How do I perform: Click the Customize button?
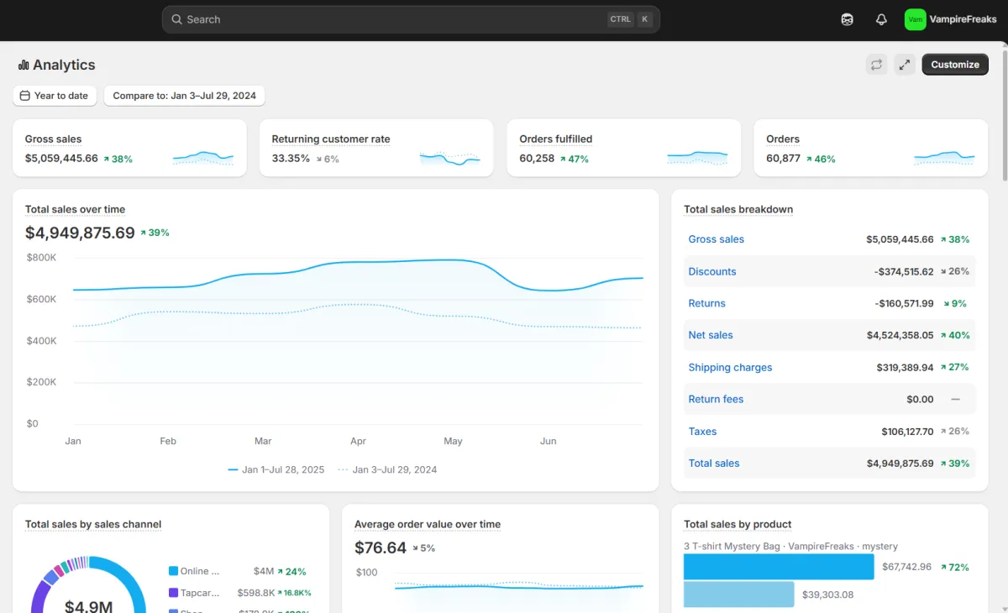pos(955,65)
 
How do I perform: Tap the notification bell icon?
pos(881,19)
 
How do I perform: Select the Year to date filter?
pos(55,96)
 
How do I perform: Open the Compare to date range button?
pos(184,96)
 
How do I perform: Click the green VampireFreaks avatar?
pos(915,19)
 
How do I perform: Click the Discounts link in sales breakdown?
pos(712,271)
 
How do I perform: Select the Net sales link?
pos(710,335)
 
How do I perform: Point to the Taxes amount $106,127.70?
pos(907,432)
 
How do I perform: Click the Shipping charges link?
pos(730,367)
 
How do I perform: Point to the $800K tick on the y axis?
pos(41,257)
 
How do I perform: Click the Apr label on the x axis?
pos(358,441)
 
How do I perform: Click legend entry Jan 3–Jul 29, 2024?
pos(394,469)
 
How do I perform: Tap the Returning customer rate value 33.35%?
pos(291,159)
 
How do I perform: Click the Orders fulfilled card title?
pos(555,139)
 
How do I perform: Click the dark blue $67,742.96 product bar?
pos(779,567)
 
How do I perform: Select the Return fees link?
pos(716,399)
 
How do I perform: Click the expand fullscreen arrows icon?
pos(905,65)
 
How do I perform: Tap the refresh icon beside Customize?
pos(876,65)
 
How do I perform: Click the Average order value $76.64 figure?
pos(381,548)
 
